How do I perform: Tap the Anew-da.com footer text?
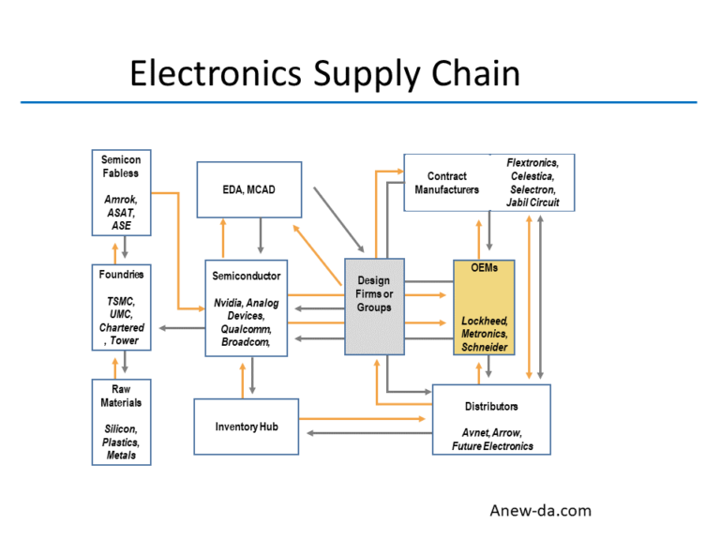point(541,510)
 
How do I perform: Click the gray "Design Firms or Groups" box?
point(373,307)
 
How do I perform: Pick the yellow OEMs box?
point(484,307)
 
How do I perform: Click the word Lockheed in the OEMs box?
point(485,320)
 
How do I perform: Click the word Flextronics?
point(532,162)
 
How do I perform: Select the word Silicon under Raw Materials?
point(121,428)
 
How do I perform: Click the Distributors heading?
point(491,406)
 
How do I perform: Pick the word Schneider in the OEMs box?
point(485,347)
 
